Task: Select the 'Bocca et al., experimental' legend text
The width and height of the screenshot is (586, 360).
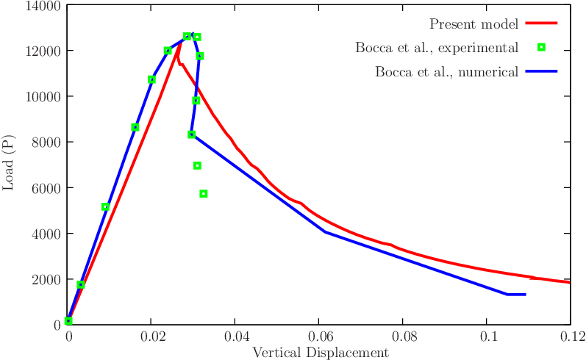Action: point(437,48)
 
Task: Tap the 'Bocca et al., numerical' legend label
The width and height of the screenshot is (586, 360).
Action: point(446,72)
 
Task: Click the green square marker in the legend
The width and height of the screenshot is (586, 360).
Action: point(541,48)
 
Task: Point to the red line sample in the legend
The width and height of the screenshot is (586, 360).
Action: point(542,24)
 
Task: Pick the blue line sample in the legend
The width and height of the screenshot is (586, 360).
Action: point(542,72)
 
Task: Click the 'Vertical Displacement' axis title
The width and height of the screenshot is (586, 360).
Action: point(320,353)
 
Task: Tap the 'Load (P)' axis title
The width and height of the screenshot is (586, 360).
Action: point(9,165)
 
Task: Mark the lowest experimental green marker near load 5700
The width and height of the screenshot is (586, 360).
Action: point(204,194)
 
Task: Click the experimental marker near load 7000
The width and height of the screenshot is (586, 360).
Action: point(197,166)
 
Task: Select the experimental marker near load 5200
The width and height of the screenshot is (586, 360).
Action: point(105,207)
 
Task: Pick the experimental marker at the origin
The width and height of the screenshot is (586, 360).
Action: point(68,321)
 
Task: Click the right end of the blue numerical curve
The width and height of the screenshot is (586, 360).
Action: point(525,295)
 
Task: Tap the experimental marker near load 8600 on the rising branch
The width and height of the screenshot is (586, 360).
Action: point(135,127)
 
